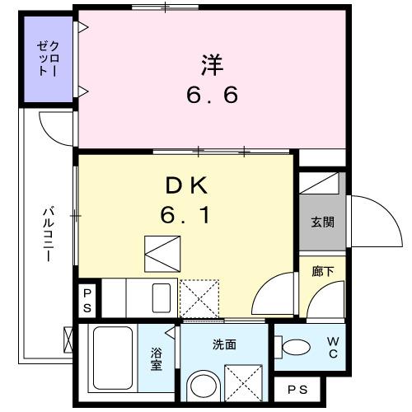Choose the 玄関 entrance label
(x=322, y=222)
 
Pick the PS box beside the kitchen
(x=87, y=300)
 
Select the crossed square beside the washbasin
(x=242, y=383)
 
